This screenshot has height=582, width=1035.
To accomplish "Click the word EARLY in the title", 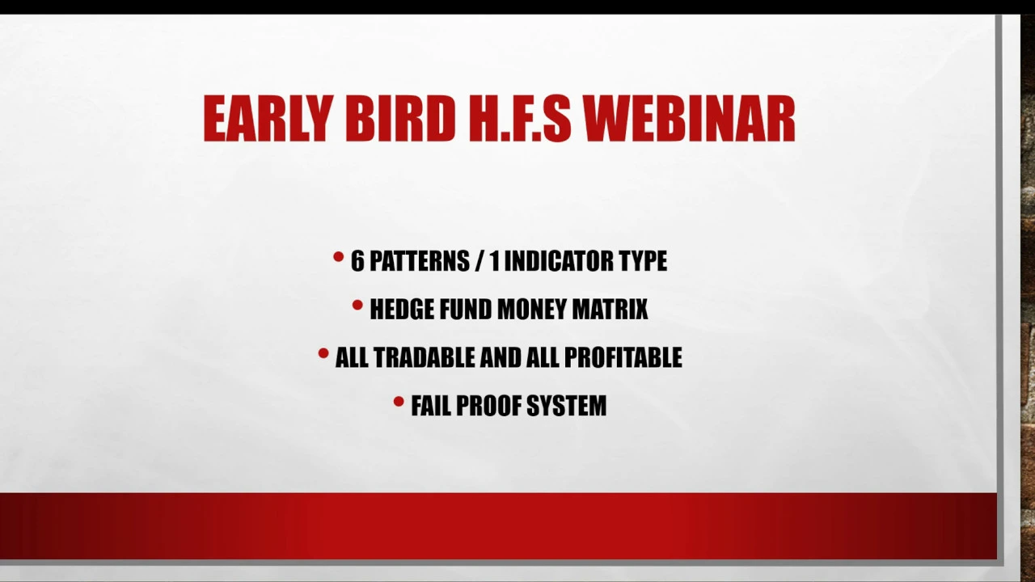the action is [x=268, y=118].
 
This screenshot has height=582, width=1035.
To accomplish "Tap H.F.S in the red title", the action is [x=520, y=118].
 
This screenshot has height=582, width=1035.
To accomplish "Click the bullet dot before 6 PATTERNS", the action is [x=338, y=256].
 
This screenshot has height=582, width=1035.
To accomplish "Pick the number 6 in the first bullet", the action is [x=357, y=260].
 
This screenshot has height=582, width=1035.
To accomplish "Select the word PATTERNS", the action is [x=420, y=260].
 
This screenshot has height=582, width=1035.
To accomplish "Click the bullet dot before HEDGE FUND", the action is [x=357, y=305].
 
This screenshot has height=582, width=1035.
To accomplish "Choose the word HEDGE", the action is [x=402, y=309].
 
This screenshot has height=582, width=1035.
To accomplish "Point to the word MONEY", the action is [x=532, y=309].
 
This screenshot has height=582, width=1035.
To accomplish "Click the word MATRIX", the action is [x=610, y=309].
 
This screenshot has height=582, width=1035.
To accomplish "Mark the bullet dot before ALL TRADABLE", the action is [x=323, y=353].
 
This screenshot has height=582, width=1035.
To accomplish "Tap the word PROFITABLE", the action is [x=623, y=357].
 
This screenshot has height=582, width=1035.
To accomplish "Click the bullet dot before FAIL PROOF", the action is [x=399, y=402].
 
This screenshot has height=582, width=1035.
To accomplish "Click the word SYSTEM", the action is [x=567, y=406].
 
